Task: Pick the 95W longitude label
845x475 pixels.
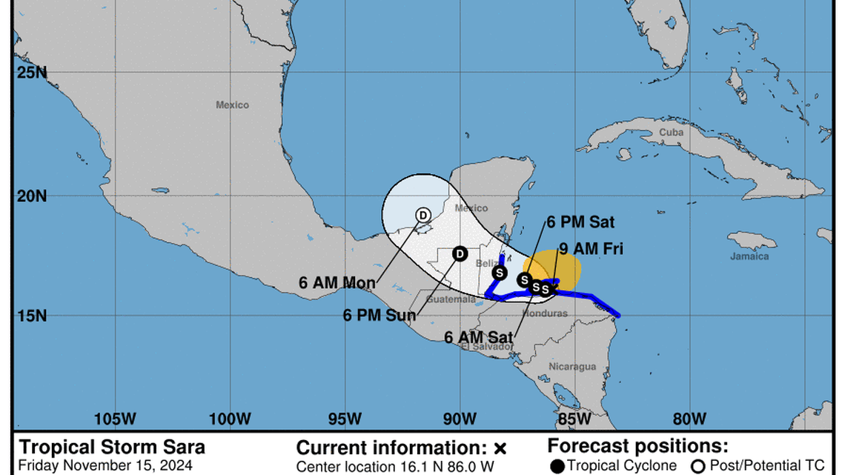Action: (344, 419)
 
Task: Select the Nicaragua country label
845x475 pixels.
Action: (572, 367)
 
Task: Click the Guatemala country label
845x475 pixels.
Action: (451, 299)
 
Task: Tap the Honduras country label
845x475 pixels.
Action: (544, 313)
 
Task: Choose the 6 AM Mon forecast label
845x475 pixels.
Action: (337, 282)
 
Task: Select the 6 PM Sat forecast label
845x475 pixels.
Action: (580, 222)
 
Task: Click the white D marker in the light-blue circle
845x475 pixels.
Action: (422, 215)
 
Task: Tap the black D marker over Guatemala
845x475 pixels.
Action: (460, 254)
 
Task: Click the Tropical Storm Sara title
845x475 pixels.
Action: (112, 447)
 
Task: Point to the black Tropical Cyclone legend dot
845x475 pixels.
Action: (557, 465)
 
